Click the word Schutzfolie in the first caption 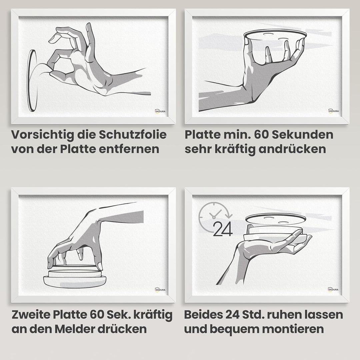(133, 135)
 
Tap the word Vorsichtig (42, 135)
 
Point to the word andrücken (292, 149)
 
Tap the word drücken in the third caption (122, 329)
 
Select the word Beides (203, 315)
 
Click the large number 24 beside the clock (223, 229)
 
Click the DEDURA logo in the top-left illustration (160, 111)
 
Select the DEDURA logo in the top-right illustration (334, 111)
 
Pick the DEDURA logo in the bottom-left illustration (160, 290)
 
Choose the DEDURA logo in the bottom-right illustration (333, 289)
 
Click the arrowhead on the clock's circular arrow (229, 216)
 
